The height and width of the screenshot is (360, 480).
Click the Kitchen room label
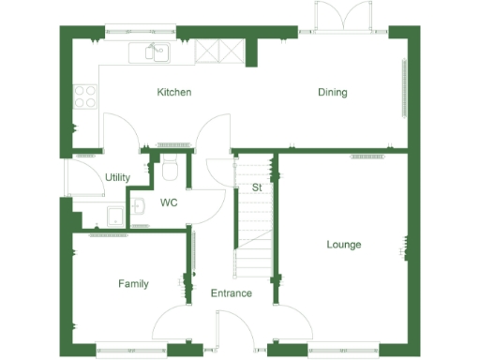pyautogui.click(x=174, y=93)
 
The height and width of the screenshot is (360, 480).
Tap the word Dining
pyautogui.click(x=332, y=93)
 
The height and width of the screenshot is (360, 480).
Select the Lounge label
pyautogui.click(x=344, y=245)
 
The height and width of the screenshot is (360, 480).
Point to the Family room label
pyautogui.click(x=133, y=284)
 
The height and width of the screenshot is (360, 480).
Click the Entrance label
pyautogui.click(x=231, y=293)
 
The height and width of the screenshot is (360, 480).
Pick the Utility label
pyautogui.click(x=117, y=177)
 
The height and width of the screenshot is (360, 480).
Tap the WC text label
pyautogui.click(x=169, y=202)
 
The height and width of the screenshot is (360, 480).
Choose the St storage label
pyautogui.click(x=256, y=187)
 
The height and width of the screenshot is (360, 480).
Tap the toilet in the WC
pyautogui.click(x=170, y=171)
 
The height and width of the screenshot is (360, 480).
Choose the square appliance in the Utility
pyautogui.click(x=114, y=217)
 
